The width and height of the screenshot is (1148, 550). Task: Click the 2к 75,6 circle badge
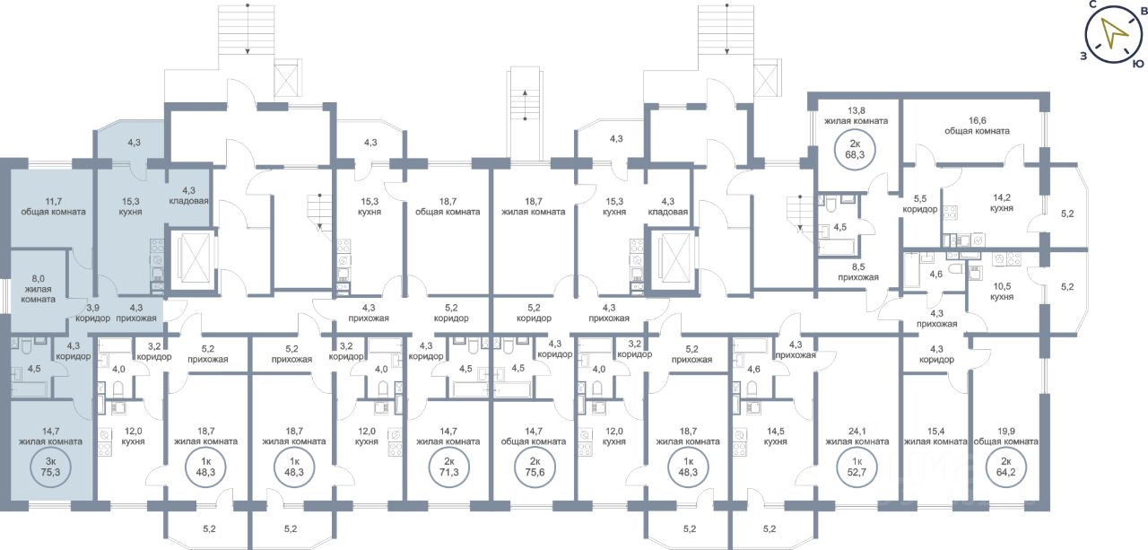tap(534, 467)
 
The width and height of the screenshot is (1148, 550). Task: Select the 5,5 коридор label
tap(920, 203)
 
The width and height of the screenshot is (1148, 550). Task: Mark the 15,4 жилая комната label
tap(935, 435)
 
